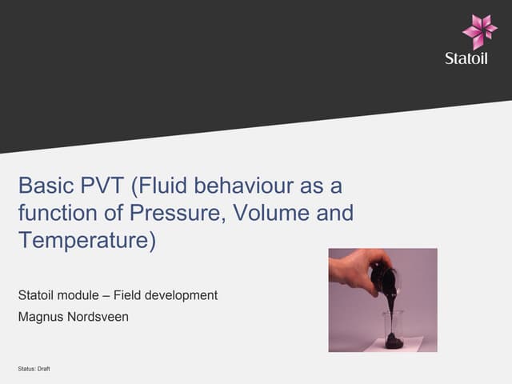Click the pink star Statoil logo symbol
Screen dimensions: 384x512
click(x=479, y=31)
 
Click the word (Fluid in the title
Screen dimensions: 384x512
click(x=161, y=186)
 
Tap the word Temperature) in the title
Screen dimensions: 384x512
click(x=86, y=241)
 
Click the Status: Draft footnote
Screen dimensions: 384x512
click(x=34, y=368)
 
